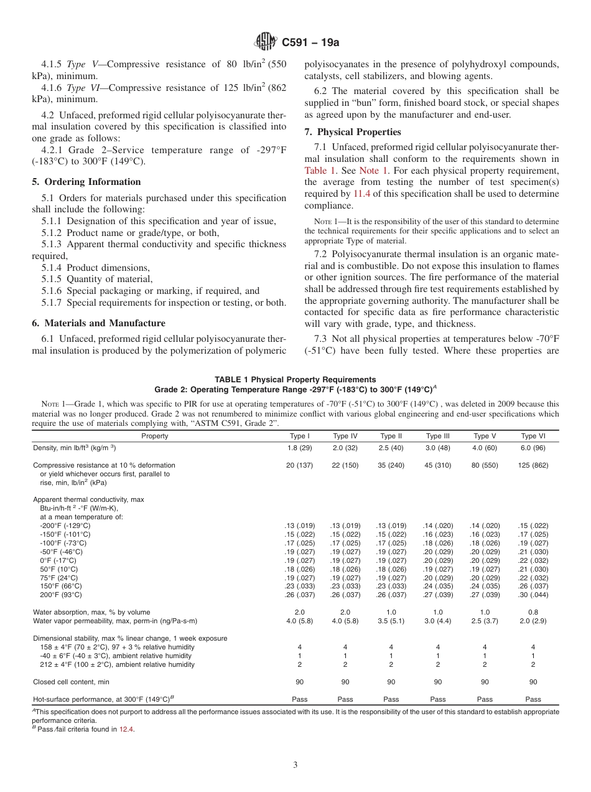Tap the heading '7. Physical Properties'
click(x=353, y=132)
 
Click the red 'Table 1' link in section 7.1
click(x=320, y=171)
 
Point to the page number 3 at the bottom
click(x=295, y=765)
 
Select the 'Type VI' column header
click(x=533, y=436)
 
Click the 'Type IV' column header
click(x=345, y=436)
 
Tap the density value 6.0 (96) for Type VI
click(x=533, y=448)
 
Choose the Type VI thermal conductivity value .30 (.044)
click(x=533, y=594)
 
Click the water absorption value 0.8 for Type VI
click(x=533, y=612)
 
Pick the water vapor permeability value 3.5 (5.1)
click(x=391, y=621)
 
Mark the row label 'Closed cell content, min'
click(x=71, y=682)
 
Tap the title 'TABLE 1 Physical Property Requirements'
click(x=295, y=379)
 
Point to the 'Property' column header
click(x=154, y=436)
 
